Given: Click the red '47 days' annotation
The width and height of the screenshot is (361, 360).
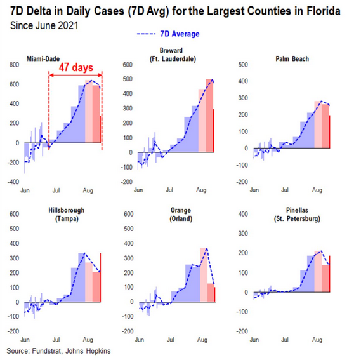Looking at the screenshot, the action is click(76, 67).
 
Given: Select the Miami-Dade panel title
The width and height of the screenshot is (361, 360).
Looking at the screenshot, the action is click(43, 59).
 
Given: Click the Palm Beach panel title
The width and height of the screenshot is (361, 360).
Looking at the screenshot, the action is click(292, 59).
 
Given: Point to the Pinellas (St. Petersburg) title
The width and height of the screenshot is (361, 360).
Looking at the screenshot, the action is click(297, 215).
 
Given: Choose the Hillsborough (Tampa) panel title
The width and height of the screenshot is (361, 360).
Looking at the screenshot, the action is click(67, 215).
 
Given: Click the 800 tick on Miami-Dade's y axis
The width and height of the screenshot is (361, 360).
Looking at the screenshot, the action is click(14, 65).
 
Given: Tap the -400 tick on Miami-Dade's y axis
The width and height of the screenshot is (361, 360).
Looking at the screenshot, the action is click(13, 182).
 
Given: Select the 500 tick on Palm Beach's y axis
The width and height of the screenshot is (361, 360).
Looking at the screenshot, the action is click(243, 65).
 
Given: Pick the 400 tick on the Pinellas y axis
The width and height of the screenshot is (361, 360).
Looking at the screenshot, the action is click(243, 214).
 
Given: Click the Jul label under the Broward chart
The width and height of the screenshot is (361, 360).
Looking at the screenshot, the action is click(169, 190).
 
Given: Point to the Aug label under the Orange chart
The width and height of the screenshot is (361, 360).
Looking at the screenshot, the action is click(202, 340).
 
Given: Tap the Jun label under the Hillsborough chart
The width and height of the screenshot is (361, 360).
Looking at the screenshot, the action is click(25, 340).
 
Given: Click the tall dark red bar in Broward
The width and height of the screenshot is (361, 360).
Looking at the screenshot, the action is click(209, 116).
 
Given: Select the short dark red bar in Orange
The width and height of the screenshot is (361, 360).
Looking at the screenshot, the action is click(211, 293).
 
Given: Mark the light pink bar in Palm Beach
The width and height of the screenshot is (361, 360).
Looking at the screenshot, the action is click(318, 124).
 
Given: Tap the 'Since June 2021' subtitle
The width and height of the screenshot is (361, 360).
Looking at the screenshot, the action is click(44, 25).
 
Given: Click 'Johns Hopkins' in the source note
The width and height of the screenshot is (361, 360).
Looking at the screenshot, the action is click(88, 351).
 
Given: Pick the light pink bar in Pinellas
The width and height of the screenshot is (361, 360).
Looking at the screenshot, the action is click(318, 272).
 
